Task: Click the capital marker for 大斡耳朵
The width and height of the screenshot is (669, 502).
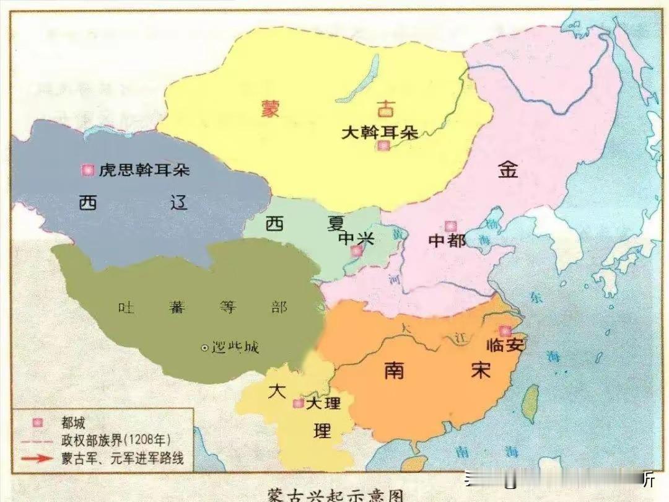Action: [x=384, y=146]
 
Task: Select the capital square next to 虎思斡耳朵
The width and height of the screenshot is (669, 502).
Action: [x=88, y=169]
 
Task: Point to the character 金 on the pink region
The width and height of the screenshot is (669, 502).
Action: [x=507, y=169]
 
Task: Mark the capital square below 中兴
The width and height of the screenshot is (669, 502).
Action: [x=356, y=251]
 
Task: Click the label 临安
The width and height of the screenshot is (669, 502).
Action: [x=505, y=346]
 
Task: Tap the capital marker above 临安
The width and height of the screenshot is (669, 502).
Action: [x=505, y=331]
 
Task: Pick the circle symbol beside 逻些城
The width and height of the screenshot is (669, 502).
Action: [x=204, y=348]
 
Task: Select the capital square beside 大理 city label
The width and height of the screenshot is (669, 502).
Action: [x=298, y=403]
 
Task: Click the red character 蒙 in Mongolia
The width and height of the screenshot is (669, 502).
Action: [x=270, y=109]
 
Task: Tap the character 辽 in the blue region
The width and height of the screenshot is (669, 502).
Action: [x=179, y=202]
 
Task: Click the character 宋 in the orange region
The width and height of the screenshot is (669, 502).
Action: [x=480, y=370]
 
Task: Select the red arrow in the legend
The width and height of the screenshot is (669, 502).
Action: [x=38, y=459]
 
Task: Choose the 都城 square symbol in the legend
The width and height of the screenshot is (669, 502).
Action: [x=38, y=423]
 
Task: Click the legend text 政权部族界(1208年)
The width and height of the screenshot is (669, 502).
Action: [x=116, y=440]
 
